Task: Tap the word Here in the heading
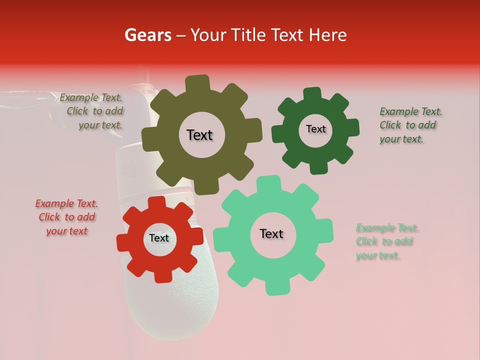pyautogui.click(x=328, y=35)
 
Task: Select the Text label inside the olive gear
pyautogui.click(x=199, y=135)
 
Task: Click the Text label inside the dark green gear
pyautogui.click(x=315, y=129)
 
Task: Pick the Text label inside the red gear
pyautogui.click(x=159, y=238)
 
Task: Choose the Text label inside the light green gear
pyautogui.click(x=271, y=233)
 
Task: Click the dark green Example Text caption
pyautogui.click(x=410, y=125)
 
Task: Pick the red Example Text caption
pyautogui.click(x=66, y=217)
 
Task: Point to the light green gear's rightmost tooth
pyautogui.click(x=326, y=230)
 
